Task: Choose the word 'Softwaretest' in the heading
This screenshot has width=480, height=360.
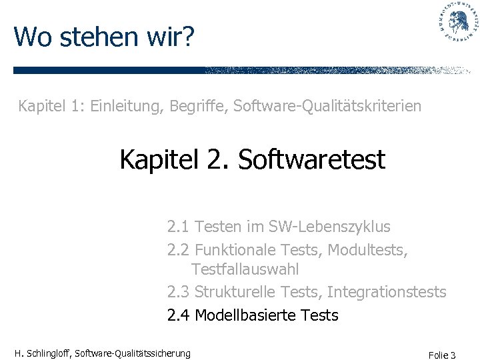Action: coord(311,160)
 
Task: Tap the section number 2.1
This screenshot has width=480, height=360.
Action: coord(178,227)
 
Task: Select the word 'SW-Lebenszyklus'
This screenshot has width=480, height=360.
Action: coord(329,227)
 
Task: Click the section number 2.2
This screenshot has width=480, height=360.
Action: coord(178,250)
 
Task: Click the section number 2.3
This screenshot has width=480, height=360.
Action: coord(178,292)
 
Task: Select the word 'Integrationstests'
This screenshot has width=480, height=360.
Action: coord(387,292)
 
